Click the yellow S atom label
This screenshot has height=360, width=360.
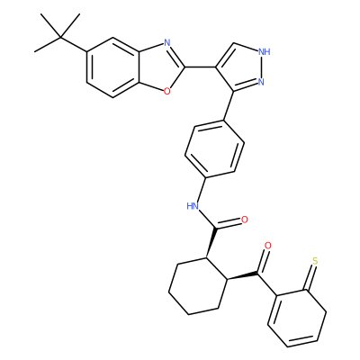315,261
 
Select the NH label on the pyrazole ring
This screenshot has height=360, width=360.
264,52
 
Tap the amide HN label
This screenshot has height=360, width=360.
193,206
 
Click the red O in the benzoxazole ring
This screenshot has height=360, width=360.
167,91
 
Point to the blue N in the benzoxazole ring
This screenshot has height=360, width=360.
167,43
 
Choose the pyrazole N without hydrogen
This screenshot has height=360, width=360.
261,82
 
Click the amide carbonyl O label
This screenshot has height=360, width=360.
245,220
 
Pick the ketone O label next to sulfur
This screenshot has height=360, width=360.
268,246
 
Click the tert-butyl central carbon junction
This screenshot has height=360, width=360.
61,38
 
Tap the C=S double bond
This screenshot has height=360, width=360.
310,277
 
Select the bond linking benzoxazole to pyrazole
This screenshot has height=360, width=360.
200,67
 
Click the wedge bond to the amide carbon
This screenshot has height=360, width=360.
211,243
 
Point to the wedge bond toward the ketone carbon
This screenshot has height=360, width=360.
242,276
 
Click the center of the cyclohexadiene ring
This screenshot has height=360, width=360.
297,319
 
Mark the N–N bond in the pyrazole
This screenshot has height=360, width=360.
262,67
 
